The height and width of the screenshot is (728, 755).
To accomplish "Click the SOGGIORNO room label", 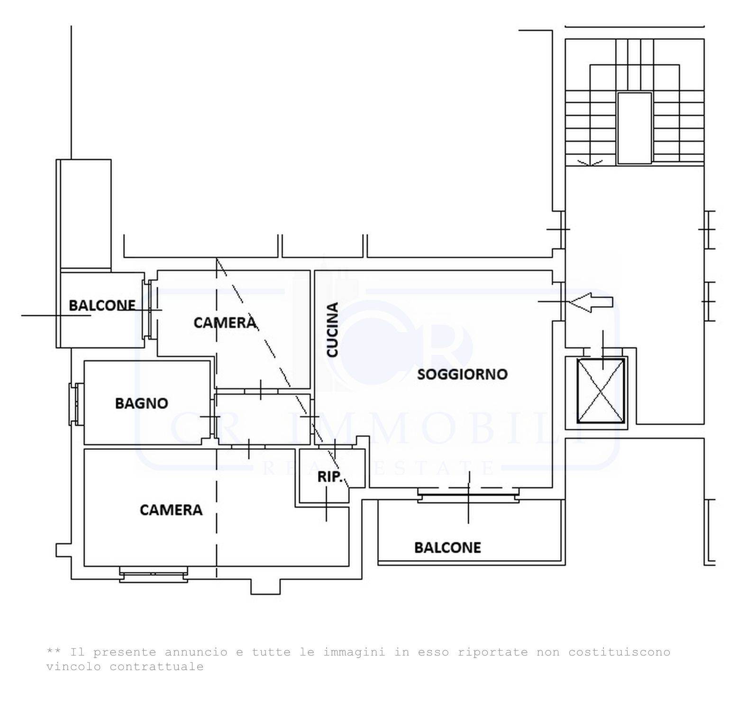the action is pos(462,374).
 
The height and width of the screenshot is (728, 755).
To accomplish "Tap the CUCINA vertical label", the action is pos(333,330).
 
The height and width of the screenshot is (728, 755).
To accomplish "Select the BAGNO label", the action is pos(142,403).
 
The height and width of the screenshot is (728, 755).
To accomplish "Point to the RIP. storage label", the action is pos(330,477).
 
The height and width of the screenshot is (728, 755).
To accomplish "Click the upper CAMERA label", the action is pos(225,323).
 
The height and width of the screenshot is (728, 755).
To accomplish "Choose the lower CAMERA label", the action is pos(171,510).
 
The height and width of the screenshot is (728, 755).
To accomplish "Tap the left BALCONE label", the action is pos(102,305).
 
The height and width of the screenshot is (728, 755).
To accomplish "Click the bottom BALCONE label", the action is pos(447,548).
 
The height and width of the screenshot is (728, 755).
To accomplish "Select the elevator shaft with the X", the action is pos(600,391).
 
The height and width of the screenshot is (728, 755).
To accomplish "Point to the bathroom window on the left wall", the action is pos(76,404).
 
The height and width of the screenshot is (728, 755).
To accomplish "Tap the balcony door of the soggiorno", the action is pos(468,495).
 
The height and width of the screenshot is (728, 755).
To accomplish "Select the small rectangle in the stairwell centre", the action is pos(635,128).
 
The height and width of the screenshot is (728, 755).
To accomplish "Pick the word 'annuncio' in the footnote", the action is pos(196,652).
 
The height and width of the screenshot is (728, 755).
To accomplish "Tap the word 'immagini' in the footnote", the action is pos(355,652).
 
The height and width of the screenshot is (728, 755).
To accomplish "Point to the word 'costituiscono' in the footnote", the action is pos(619,652).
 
